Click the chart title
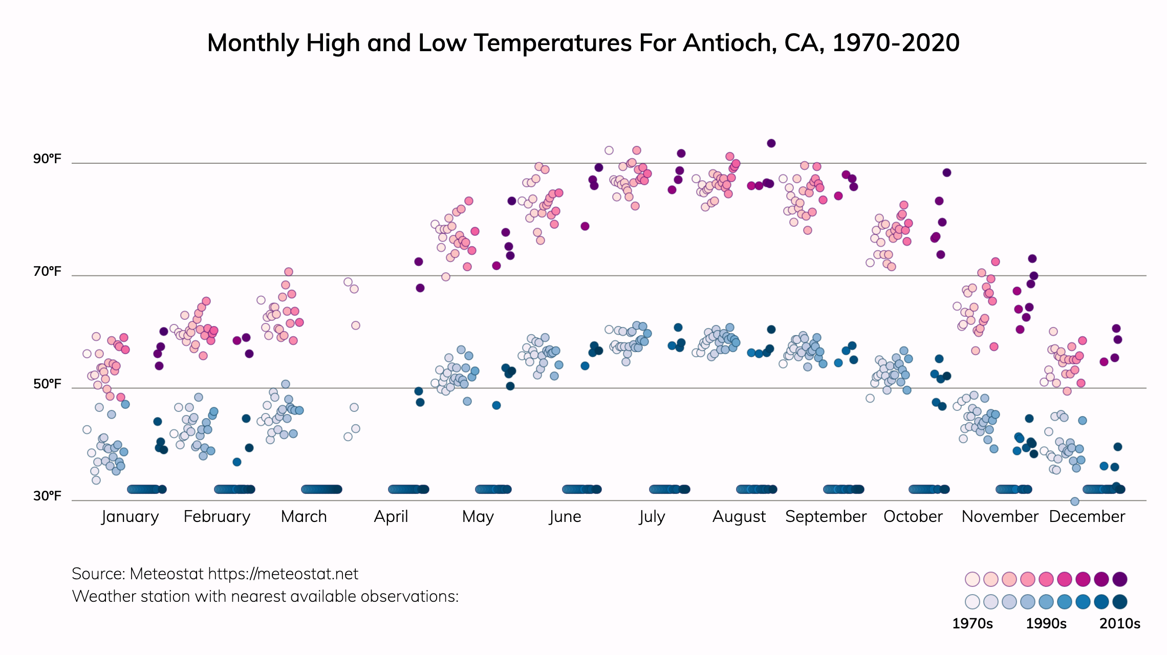[583, 43]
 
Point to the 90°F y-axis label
[47, 159]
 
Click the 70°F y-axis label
[47, 271]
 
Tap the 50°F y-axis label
[47, 384]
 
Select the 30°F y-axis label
[47, 496]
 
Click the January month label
[130, 516]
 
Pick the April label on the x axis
[391, 516]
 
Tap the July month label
[652, 516]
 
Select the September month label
[826, 516]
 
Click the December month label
[1087, 516]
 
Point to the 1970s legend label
[972, 623]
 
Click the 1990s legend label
[1046, 623]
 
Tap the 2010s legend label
[1120, 623]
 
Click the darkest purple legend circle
[1120, 579]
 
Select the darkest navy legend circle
[1120, 602]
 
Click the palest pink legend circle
[972, 579]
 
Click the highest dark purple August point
[771, 143]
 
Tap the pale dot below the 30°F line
[1075, 501]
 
